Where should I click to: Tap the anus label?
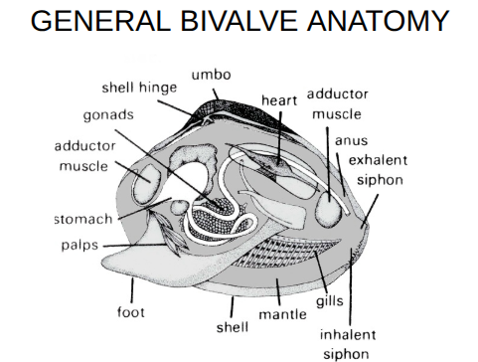[x=351, y=140]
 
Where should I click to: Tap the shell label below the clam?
[x=232, y=326]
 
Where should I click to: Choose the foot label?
[x=130, y=311]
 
